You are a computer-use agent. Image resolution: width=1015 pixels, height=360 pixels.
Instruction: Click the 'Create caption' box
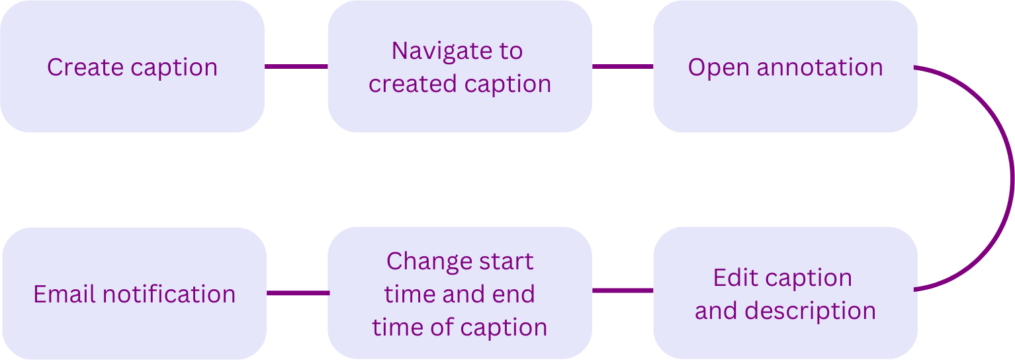click(132, 66)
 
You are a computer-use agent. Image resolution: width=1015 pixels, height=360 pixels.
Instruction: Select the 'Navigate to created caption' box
click(460, 66)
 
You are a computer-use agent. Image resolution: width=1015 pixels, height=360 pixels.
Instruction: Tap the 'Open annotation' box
click(785, 66)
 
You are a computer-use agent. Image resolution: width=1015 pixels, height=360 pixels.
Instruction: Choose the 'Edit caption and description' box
click(785, 293)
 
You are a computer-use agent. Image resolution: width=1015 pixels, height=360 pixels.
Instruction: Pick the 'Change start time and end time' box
click(460, 293)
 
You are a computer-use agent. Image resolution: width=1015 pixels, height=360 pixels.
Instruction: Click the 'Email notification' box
click(134, 293)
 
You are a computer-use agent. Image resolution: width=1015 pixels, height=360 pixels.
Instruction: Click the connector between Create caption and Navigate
click(296, 67)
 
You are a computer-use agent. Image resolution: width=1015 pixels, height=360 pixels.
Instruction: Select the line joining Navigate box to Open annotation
click(623, 67)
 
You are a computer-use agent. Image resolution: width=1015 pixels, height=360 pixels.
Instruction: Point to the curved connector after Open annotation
click(1012, 179)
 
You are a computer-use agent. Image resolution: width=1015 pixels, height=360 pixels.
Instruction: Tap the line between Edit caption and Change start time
click(623, 290)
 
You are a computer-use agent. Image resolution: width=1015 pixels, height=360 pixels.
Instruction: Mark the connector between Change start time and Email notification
click(298, 293)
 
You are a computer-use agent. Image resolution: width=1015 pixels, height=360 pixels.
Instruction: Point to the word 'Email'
click(64, 294)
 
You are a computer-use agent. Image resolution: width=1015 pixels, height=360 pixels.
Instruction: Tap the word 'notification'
click(169, 294)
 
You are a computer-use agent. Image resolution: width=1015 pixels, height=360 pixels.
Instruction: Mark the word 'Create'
click(85, 67)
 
